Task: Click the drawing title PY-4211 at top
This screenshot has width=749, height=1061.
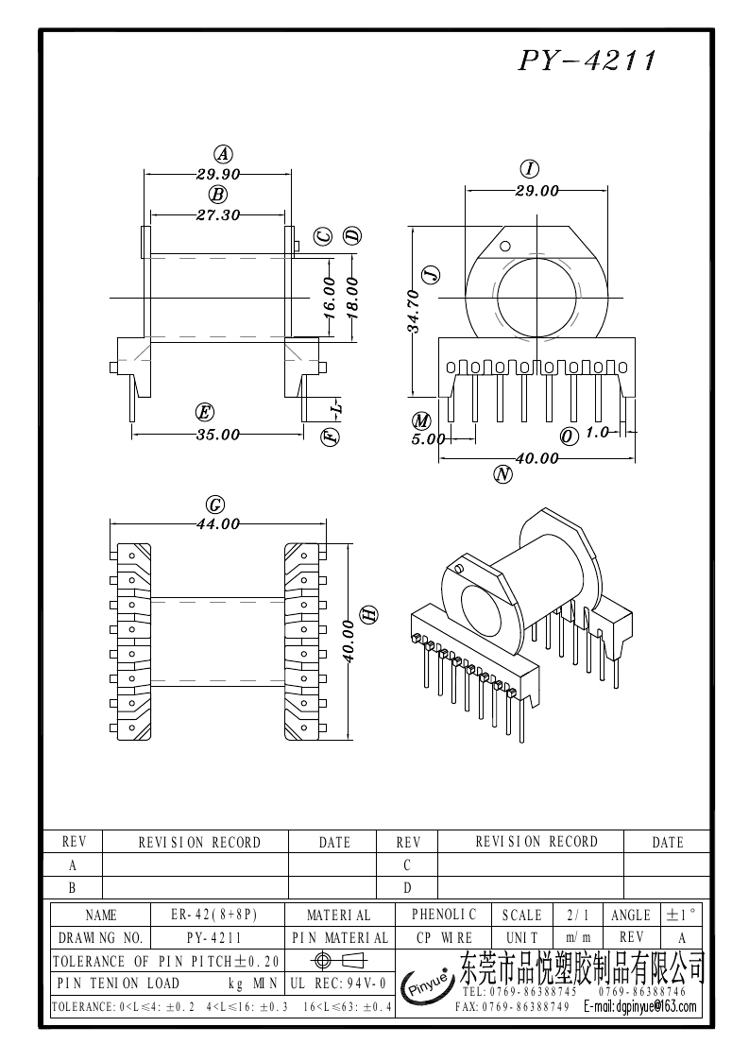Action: tap(586, 61)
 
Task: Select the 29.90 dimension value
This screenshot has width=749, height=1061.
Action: tap(218, 175)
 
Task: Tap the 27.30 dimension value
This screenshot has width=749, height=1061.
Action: tap(217, 215)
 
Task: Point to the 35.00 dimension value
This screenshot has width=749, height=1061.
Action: tap(217, 435)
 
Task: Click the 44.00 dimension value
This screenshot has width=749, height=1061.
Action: tap(217, 524)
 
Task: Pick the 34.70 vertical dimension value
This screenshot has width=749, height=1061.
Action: tap(414, 311)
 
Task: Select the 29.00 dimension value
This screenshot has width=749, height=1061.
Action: tap(536, 191)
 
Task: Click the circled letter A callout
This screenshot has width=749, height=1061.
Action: tap(222, 154)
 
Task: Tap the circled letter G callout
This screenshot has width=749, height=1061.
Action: tap(215, 505)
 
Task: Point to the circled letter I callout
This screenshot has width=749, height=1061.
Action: tap(530, 169)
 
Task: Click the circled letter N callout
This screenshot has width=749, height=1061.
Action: tap(502, 476)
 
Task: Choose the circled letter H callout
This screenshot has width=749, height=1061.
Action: tap(370, 614)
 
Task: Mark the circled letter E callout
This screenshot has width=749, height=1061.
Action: tap(203, 412)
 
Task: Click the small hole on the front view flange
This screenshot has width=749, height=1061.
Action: tap(505, 248)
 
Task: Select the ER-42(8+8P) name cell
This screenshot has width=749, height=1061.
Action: tap(214, 915)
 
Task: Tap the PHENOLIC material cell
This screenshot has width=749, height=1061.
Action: tap(444, 915)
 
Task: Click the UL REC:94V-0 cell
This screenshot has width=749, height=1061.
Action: tap(338, 984)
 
